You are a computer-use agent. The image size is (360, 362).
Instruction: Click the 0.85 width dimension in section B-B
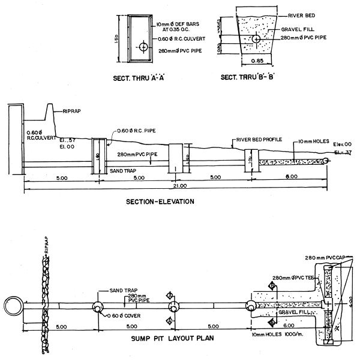tap(256, 60)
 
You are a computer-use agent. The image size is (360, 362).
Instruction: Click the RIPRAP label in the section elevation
tap(70, 111)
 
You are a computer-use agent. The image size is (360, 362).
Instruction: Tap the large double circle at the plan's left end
tap(13, 306)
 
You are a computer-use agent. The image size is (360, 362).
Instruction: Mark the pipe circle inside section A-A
tap(143, 47)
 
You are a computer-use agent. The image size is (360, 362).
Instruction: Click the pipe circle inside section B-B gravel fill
tap(256, 39)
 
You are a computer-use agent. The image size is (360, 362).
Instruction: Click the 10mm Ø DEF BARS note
tap(181, 26)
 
